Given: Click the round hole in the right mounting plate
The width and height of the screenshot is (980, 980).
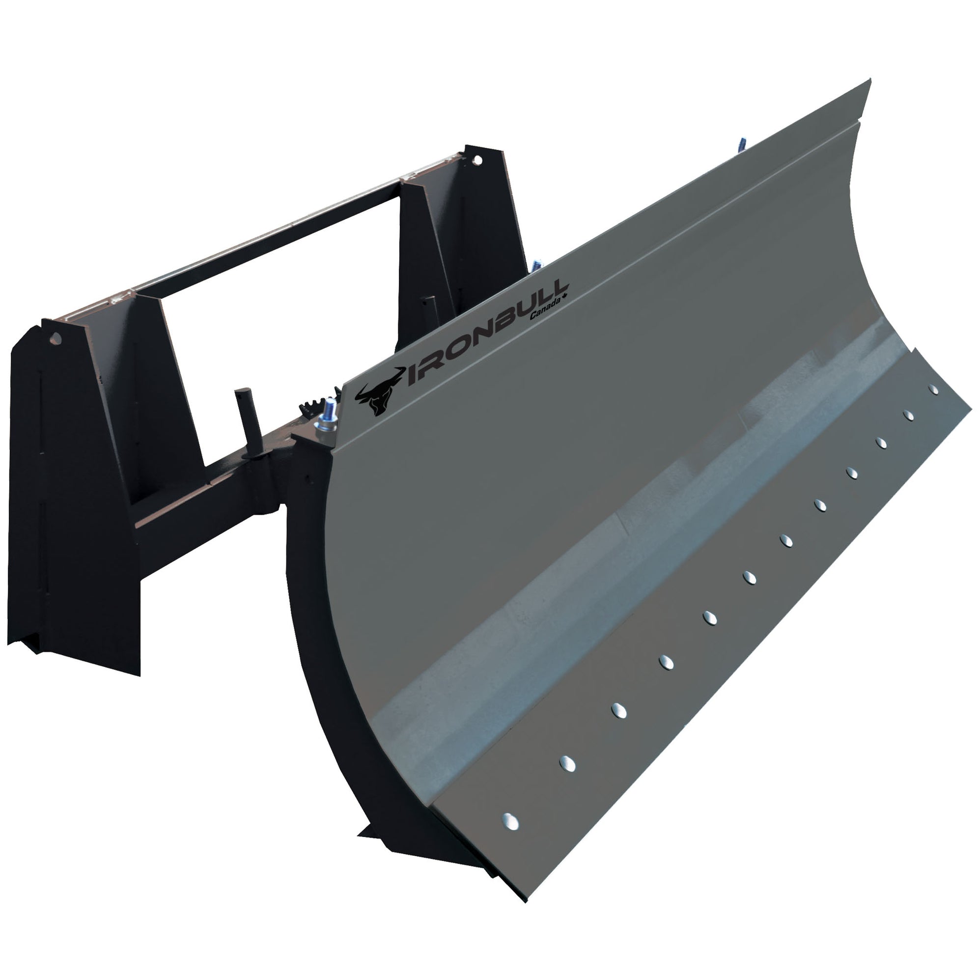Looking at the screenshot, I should (477, 160).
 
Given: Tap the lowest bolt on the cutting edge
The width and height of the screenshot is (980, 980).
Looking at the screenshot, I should (510, 821).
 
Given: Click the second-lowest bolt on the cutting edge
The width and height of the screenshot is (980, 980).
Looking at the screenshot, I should (567, 764).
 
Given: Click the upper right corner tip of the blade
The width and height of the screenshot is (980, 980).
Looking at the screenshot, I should (870, 81).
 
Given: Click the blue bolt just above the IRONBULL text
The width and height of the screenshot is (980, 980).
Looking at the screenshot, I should (536, 265).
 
